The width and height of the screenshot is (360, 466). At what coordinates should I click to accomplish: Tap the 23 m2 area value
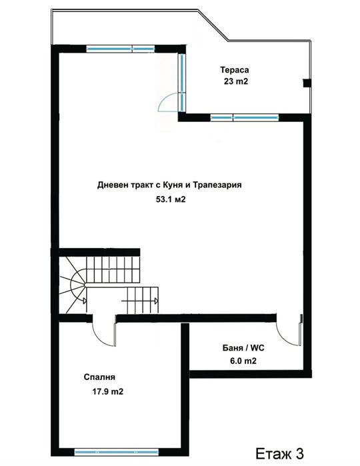point(237,82)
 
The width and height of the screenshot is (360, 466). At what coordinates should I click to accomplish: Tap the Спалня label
point(98,376)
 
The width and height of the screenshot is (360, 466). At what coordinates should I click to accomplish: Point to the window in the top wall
point(120,48)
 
